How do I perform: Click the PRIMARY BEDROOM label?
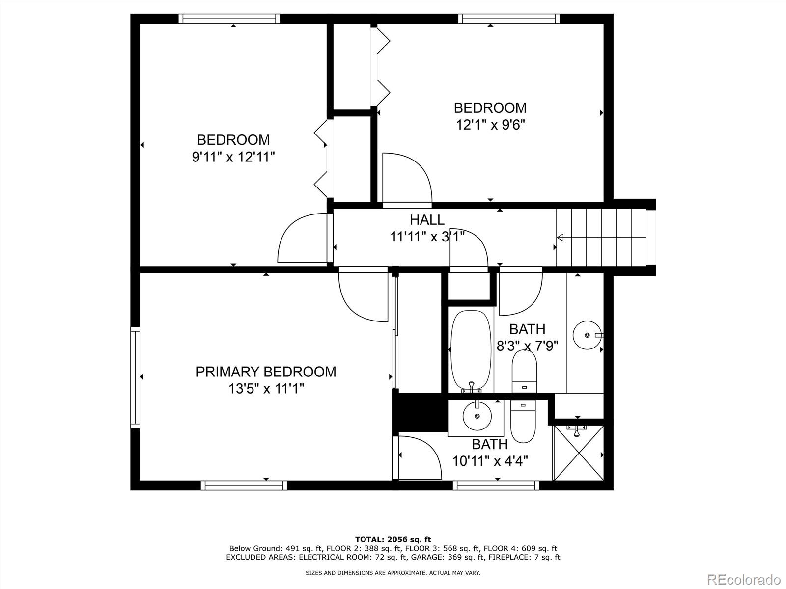click(266, 372)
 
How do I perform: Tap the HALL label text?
click(427, 219)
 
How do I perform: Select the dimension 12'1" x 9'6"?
click(490, 125)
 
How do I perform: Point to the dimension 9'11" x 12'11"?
click(233, 157)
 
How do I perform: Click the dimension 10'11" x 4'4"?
click(490, 461)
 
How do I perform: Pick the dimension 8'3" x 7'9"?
click(527, 346)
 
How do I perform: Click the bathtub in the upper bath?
click(471, 350)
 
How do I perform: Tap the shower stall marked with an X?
click(578, 453)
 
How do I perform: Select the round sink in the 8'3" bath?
click(587, 335)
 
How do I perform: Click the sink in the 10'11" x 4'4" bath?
click(477, 416)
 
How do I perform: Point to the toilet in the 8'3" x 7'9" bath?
click(524, 371)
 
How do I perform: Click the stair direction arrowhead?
click(560, 237)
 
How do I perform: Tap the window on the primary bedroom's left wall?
click(135, 377)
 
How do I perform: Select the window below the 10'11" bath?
click(496, 485)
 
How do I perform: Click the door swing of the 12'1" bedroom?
click(416, 168)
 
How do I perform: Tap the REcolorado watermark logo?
click(744, 579)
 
